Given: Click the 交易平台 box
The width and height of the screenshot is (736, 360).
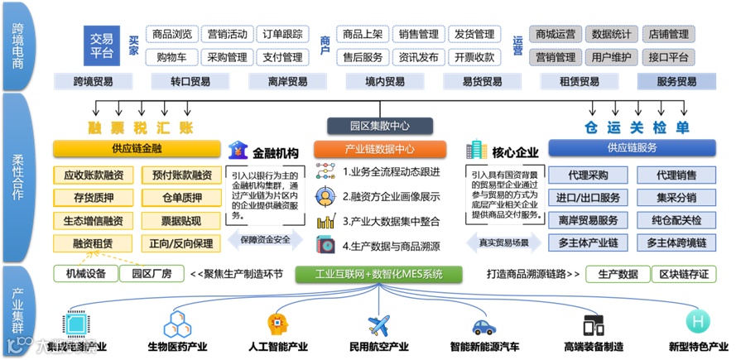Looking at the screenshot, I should tap(102, 44).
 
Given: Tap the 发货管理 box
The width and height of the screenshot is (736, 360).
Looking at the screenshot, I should tap(474, 35).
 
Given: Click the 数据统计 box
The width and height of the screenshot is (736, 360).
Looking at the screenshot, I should tap(612, 35).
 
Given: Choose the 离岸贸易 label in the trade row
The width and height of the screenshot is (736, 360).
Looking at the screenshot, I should tap(287, 82).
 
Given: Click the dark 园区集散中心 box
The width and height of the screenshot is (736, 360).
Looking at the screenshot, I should tap(379, 126).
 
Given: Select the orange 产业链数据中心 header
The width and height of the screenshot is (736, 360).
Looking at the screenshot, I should tap(379, 150).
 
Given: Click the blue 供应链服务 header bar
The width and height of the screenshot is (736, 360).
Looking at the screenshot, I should tap(632, 147).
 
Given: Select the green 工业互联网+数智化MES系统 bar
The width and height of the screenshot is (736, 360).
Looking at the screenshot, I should tap(379, 274).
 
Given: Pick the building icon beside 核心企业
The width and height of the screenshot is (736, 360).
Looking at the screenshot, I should tap(476, 151).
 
